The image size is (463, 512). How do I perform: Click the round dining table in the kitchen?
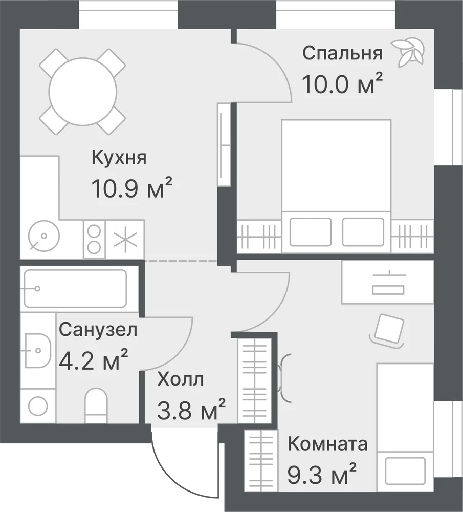click(82, 91)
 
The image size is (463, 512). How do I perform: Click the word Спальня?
click(342, 53)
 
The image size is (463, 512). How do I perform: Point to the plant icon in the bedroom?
click(408, 52)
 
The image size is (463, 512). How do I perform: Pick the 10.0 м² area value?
click(342, 83)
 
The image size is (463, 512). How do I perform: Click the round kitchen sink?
click(44, 236)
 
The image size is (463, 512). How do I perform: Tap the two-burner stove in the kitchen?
click(94, 239)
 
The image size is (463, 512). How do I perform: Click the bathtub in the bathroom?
click(75, 288)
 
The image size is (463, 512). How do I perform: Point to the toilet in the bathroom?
click(96, 406)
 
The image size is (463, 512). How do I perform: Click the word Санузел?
click(98, 330)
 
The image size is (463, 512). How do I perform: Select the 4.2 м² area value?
click(93, 359)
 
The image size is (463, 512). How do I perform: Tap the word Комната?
click(327, 444)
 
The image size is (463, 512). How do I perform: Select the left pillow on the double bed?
click(311, 232)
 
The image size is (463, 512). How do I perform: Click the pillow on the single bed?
click(405, 471)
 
